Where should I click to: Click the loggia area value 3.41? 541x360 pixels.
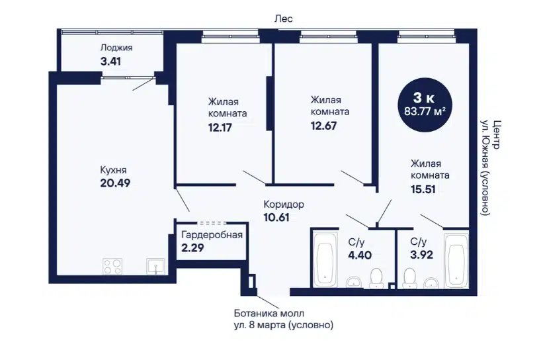pos(110,62)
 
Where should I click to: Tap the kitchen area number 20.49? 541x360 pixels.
pos(115,183)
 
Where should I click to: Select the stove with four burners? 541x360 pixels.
pos(112,267)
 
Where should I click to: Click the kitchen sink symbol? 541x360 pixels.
pos(155,267)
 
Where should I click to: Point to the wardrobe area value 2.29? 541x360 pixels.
pos(192,247)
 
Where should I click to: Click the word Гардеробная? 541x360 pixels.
pos(212,235)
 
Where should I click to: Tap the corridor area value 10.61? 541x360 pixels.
pos(276,218)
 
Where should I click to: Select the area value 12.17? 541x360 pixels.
pos(220,128)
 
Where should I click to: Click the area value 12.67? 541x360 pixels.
pos(323,126)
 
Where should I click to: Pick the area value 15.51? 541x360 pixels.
pos(423,189)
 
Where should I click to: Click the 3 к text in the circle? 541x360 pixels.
pos(424,98)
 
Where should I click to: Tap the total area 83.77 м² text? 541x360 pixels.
pos(425,111)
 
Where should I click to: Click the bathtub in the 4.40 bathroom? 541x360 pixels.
pos(325,259)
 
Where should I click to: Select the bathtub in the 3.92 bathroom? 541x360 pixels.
pos(456,261)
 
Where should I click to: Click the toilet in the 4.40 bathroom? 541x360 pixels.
pos(376,278)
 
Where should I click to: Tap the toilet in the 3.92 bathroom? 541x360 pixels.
pos(410,278)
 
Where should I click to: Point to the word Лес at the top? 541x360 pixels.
pos(284,19)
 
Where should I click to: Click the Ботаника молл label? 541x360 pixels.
pos(269,314)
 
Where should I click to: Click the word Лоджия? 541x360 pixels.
pos(116,47)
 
